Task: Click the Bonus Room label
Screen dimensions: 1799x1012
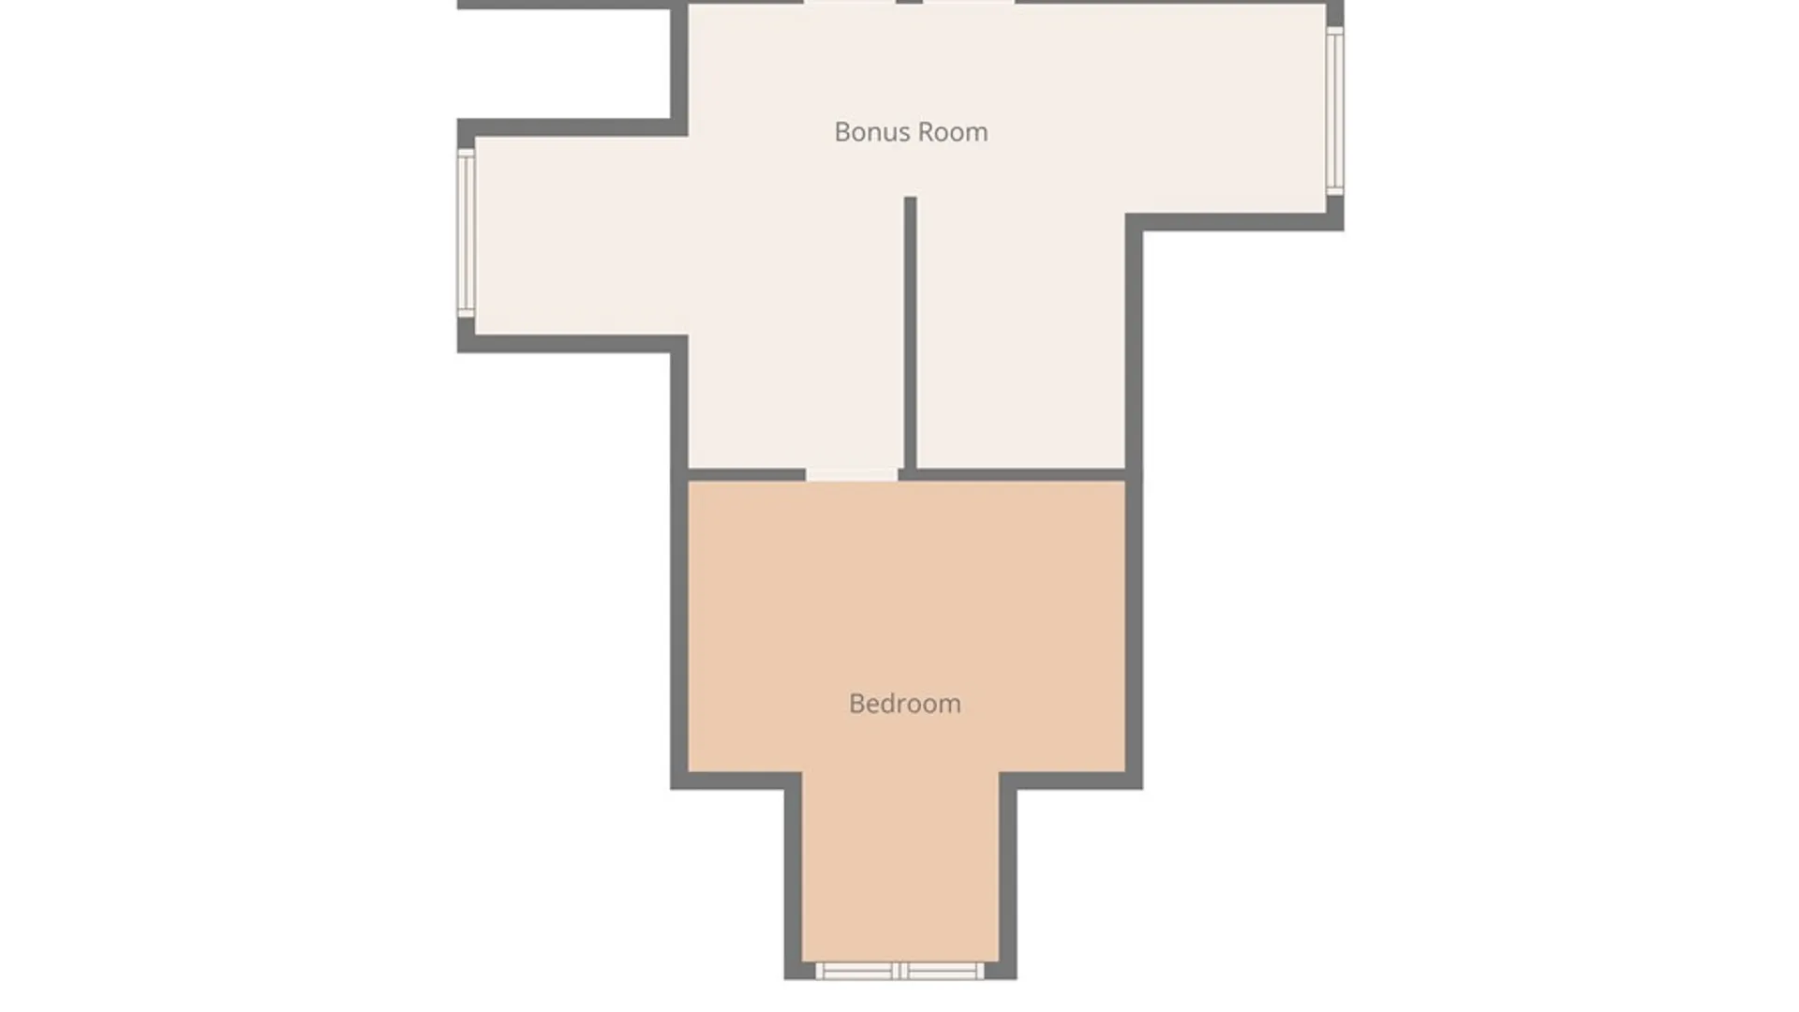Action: [x=911, y=132]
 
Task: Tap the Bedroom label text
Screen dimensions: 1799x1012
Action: [x=905, y=704]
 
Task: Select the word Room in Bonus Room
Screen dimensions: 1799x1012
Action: [x=956, y=132]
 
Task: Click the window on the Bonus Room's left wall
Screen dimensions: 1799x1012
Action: [x=466, y=233]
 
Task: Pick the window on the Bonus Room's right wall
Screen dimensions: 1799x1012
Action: [x=1335, y=112]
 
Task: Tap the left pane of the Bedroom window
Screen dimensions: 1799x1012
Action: [x=856, y=971]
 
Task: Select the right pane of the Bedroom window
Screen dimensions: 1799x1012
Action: [x=944, y=971]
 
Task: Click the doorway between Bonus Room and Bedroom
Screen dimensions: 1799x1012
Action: [x=852, y=475]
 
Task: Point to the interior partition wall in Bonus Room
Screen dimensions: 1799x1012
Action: [x=910, y=333]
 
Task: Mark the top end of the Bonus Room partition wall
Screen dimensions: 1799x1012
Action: [x=910, y=198]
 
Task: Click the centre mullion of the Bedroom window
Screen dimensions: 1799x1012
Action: [x=900, y=971]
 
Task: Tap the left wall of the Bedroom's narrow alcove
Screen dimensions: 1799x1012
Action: [x=793, y=876]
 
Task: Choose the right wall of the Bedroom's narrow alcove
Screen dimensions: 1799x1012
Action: [x=1008, y=876]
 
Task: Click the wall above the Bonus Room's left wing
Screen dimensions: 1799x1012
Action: [x=572, y=127]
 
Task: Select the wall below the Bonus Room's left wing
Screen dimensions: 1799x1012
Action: [x=572, y=344]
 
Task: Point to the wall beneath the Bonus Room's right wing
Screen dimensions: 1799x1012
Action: [x=1235, y=222]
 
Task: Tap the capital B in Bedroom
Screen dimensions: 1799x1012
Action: [x=856, y=704]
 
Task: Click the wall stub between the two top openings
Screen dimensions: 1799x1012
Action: [x=909, y=2]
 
